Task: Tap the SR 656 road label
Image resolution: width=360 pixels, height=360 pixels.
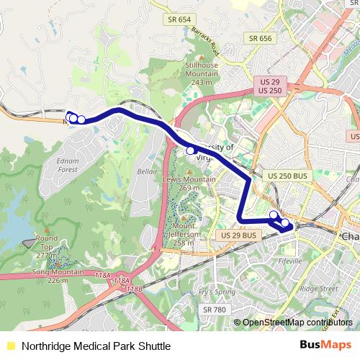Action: tap(260, 38)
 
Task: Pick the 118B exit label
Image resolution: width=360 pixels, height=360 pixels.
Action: tap(134, 289)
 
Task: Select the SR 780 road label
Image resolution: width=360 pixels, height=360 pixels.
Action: tap(215, 309)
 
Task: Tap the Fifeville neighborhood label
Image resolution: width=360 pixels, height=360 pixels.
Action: tap(294, 261)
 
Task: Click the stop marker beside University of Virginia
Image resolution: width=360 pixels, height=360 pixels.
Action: tap(191, 151)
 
